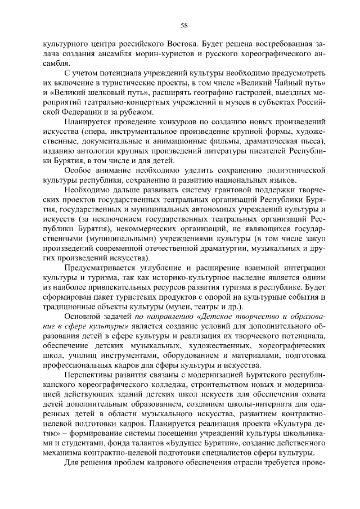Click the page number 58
(x=183, y=25)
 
